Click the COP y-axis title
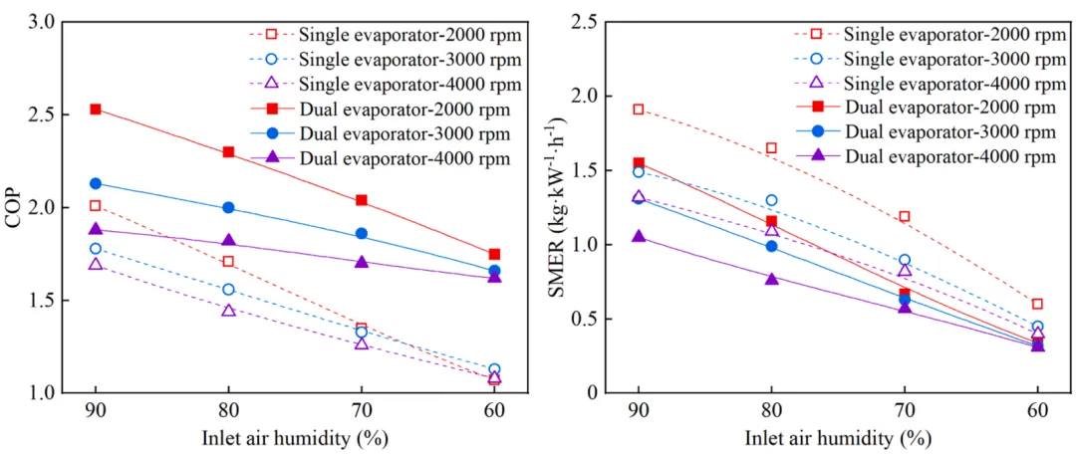[14, 206]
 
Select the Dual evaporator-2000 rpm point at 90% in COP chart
[96, 109]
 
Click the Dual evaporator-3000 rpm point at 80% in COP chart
[228, 208]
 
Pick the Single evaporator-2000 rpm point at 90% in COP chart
[96, 206]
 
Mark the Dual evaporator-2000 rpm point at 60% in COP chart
[494, 254]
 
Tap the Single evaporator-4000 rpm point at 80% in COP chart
[228, 311]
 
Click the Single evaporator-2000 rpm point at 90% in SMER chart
[639, 110]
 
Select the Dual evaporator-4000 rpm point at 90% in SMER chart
[639, 237]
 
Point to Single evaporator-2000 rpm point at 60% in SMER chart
[1037, 304]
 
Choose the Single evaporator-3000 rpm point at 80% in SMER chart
[771, 200]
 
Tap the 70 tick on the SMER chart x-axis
[904, 411]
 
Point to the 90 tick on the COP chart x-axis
[96, 411]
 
